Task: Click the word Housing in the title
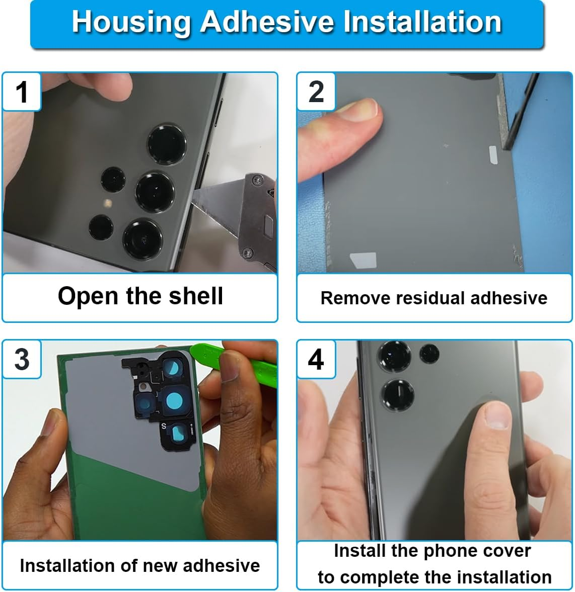pyautogui.click(x=130, y=22)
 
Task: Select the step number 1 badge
pyautogui.click(x=22, y=92)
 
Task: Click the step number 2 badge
pyautogui.click(x=316, y=92)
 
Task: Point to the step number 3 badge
pyautogui.click(x=22, y=359)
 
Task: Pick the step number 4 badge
pyautogui.click(x=316, y=359)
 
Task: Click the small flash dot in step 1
pyautogui.click(x=107, y=203)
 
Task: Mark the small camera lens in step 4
pyautogui.click(x=429, y=354)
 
